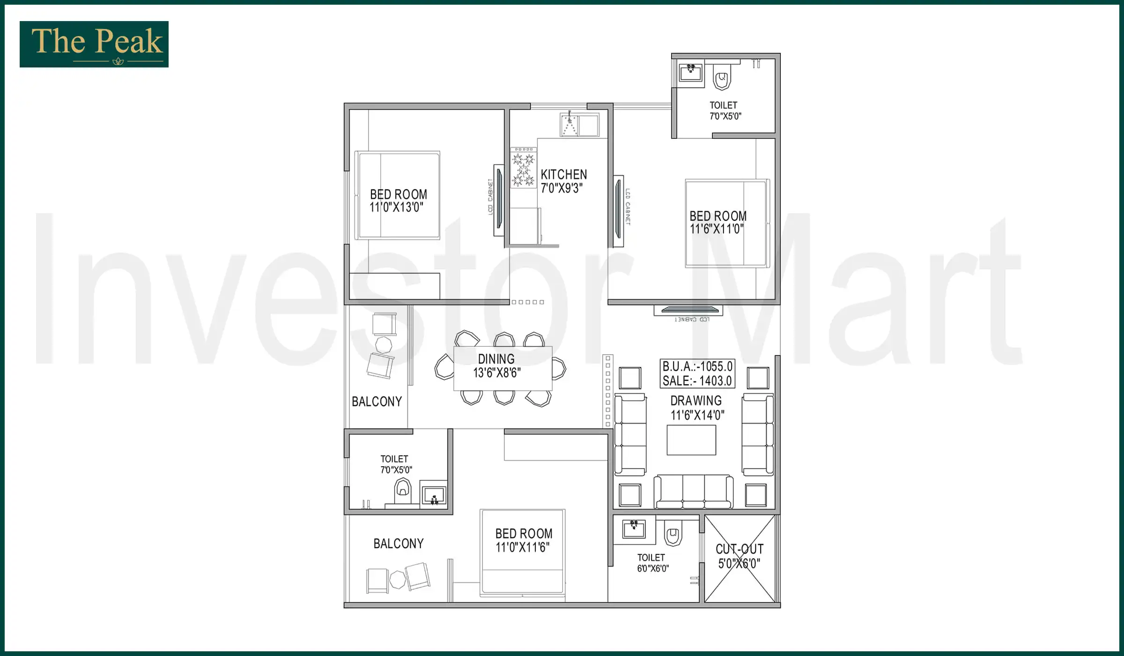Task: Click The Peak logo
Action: point(94,44)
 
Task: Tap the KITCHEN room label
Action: point(563,175)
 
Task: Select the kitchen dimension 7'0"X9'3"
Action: point(562,188)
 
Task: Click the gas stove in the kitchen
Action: point(523,168)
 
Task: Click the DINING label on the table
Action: point(496,359)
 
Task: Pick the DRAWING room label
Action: point(696,401)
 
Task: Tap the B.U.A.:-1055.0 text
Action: point(697,366)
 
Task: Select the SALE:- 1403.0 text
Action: point(697,381)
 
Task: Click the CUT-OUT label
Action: point(739,549)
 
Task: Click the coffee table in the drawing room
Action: point(691,440)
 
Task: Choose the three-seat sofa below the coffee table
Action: point(693,492)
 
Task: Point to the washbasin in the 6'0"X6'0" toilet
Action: point(634,529)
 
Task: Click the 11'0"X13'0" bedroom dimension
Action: point(396,208)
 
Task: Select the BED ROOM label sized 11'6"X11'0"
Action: point(718,216)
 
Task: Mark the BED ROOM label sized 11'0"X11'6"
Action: point(524,534)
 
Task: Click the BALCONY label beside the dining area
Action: point(377,402)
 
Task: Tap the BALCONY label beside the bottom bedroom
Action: point(399,544)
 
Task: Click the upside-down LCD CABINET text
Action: point(692,320)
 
